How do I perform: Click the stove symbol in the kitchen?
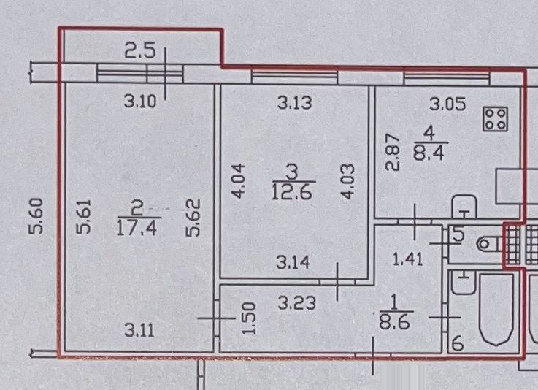pos(495,120)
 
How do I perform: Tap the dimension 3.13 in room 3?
pos(295,102)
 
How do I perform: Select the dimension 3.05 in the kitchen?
pos(447,103)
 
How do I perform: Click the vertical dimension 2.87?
pos(394,152)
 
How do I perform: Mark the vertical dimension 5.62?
pos(194,218)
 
